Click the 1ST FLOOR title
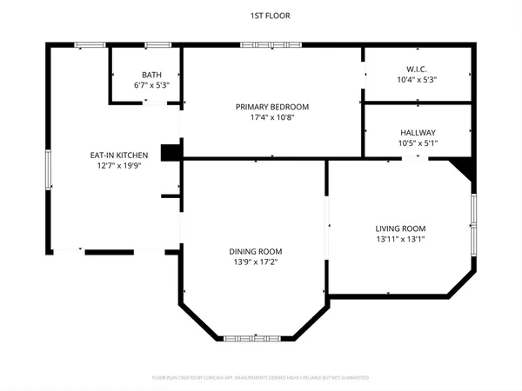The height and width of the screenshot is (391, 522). point(261,16)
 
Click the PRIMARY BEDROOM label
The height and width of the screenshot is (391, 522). point(272,107)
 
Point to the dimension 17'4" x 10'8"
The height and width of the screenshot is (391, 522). point(272,118)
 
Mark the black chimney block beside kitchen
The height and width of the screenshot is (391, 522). point(171,151)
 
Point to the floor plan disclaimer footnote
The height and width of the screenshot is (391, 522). point(261,378)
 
